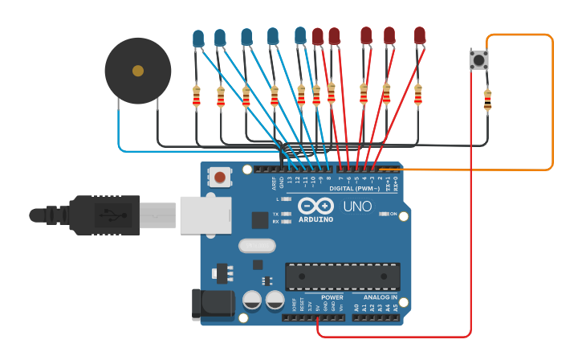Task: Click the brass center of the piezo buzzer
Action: tap(138, 71)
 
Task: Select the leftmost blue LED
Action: tap(198, 38)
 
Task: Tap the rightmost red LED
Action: tap(419, 35)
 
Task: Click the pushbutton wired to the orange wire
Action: tap(479, 59)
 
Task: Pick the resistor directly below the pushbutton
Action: tap(487, 100)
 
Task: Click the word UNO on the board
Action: tap(357, 207)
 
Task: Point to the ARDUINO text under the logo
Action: tap(315, 219)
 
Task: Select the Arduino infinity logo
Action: tap(315, 204)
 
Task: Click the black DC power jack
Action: tap(213, 304)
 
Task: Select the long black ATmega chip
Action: tap(343, 276)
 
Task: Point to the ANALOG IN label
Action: tap(375, 297)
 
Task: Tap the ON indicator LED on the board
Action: tap(385, 215)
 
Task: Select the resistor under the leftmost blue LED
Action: tap(197, 96)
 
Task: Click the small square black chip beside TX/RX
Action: tap(260, 220)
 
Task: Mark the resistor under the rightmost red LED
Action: tap(417, 95)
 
